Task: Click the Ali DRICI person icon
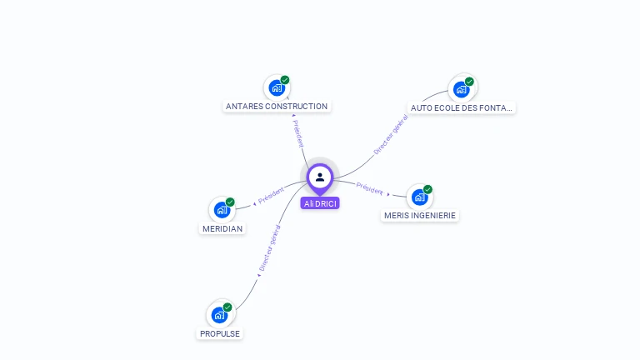pos(320,177)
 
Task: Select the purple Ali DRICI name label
pos(320,203)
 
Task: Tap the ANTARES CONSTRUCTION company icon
pos(276,88)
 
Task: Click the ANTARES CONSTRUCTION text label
pos(277,107)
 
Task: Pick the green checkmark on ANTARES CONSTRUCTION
pos(285,80)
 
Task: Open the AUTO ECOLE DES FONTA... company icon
pos(461,89)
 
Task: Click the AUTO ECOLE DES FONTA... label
pos(462,107)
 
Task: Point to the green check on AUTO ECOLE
pos(469,82)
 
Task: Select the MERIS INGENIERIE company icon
pos(419,197)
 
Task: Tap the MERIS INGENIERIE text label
pos(420,215)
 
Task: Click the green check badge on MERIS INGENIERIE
pos(427,189)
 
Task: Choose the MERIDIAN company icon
pos(222,210)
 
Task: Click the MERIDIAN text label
pos(222,228)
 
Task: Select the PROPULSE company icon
pos(219,315)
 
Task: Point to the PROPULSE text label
pos(220,333)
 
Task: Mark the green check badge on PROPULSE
pos(227,307)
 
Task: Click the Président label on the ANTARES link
pos(298,133)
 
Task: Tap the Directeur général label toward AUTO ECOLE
pos(390,136)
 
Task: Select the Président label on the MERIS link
pos(370,188)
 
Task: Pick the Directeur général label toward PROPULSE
pos(269,248)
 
